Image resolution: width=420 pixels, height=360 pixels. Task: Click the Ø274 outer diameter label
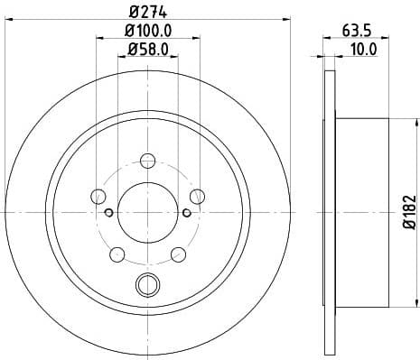pyautogui.click(x=146, y=10)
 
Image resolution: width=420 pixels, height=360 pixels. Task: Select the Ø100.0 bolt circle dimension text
pyautogui.click(x=146, y=32)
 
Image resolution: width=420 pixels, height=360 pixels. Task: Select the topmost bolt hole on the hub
pyautogui.click(x=146, y=160)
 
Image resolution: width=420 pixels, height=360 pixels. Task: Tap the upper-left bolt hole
pyautogui.click(x=98, y=196)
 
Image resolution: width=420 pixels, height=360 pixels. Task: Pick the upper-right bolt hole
pyautogui.click(x=196, y=196)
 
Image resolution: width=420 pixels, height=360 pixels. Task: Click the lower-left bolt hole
pyautogui.click(x=117, y=254)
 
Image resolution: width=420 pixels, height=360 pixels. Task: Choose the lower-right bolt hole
pyautogui.click(x=177, y=254)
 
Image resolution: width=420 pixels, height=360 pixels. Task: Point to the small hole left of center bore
pyautogui.click(x=108, y=213)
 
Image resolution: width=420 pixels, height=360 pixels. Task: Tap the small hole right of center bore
pyautogui.click(x=185, y=213)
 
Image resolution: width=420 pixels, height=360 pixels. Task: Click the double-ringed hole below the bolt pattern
pyautogui.click(x=146, y=287)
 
